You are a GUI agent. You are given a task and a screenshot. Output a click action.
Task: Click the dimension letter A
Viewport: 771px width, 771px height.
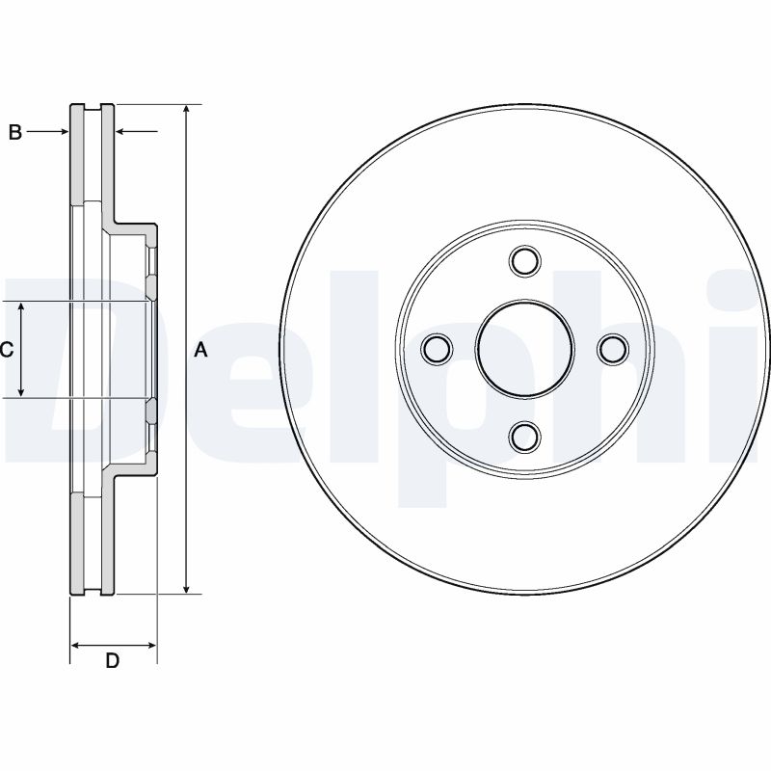coord(200,351)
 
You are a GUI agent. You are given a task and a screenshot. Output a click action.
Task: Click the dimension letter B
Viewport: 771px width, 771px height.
coord(15,133)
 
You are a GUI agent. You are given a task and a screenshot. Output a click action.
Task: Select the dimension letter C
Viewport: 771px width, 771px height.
coord(6,351)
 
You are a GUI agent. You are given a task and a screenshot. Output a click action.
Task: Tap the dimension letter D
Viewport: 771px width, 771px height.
coord(112,661)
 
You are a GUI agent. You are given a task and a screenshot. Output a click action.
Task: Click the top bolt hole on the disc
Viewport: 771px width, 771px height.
coord(524,261)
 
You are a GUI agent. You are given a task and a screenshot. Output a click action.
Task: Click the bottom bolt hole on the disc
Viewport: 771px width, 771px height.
coord(524,437)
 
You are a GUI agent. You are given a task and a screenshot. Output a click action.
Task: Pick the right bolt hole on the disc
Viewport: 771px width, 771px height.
coord(612,349)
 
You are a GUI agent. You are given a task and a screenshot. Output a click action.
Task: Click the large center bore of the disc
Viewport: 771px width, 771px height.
coord(524,349)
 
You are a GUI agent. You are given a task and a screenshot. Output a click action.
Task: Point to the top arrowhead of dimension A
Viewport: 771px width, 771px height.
coord(188,110)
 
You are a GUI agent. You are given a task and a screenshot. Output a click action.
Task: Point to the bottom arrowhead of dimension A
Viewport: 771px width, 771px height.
coord(188,588)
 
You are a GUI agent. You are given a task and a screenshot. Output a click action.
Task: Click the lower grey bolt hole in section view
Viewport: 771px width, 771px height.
coord(151,412)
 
